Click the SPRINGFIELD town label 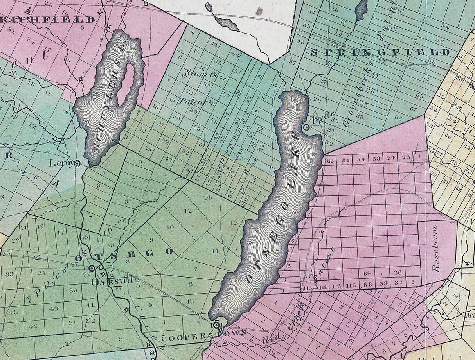(x=380, y=52)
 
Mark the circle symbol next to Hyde (x=306, y=127)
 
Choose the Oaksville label (x=115, y=280)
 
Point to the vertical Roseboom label (x=436, y=248)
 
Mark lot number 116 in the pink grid (x=351, y=286)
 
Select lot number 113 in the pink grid (x=308, y=288)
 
